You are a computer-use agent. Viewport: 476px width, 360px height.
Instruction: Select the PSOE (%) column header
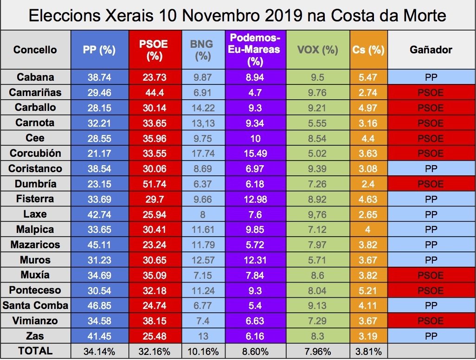[154, 50]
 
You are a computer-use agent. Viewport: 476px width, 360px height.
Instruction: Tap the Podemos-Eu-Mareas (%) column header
[255, 49]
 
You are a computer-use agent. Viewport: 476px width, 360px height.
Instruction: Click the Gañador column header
[431, 50]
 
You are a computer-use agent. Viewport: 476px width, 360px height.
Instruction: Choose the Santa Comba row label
[35, 305]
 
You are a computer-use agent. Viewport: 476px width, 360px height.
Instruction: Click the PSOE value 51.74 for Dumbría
[154, 184]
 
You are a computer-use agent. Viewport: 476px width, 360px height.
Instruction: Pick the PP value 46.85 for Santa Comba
[99, 305]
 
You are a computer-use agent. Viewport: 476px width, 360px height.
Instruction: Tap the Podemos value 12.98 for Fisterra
[255, 199]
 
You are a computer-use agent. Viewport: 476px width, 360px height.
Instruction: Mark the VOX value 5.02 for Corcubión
[317, 154]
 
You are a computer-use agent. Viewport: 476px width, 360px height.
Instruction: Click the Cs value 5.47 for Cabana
[368, 77]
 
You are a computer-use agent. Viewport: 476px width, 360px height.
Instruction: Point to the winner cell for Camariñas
[431, 93]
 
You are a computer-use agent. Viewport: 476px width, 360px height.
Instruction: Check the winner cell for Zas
[431, 336]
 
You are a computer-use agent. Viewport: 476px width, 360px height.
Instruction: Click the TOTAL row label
[35, 351]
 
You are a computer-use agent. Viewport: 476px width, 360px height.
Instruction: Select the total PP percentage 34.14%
[99, 351]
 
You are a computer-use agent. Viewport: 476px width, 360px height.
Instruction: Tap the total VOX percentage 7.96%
[317, 351]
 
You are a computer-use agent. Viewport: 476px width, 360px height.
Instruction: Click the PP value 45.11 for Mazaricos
[99, 244]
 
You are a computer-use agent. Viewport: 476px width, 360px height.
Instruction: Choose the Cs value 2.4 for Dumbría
[368, 184]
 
